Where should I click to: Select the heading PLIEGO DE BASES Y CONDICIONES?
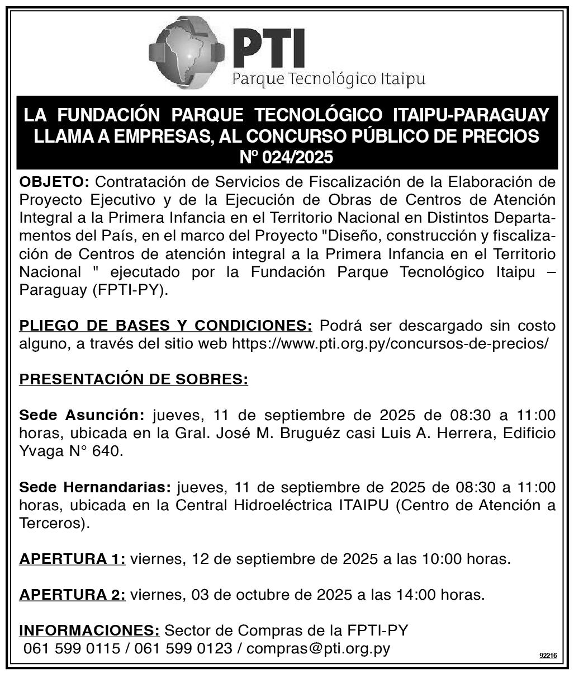click(166, 326)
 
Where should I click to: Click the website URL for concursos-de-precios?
click(390, 343)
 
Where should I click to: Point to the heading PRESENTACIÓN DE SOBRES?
click(134, 380)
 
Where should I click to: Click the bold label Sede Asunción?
click(82, 416)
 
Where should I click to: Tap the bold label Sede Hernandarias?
click(96, 487)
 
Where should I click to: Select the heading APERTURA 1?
click(73, 559)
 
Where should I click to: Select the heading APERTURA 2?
click(73, 595)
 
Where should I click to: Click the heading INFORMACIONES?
click(90, 630)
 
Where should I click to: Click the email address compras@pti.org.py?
click(318, 649)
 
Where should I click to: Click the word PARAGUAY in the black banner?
click(501, 115)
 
